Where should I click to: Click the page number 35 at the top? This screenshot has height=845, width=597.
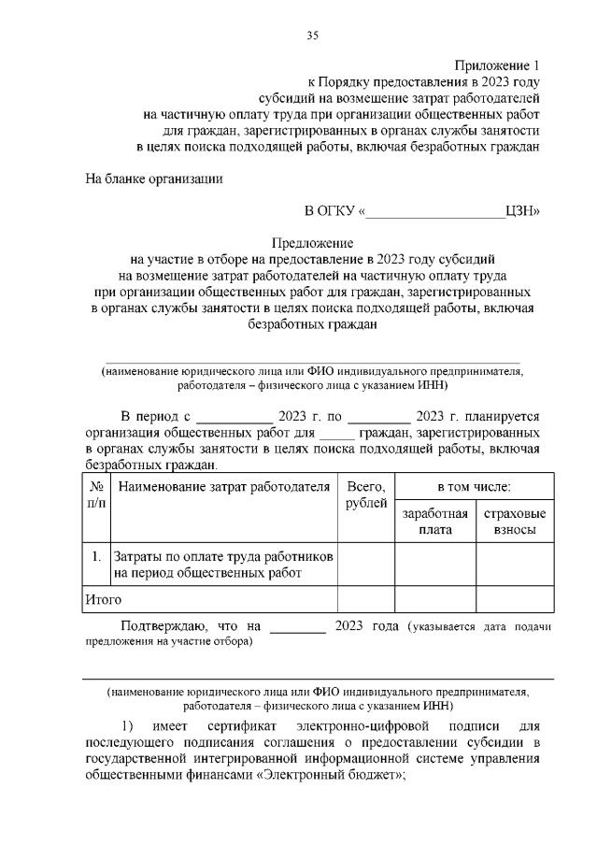tap(312, 36)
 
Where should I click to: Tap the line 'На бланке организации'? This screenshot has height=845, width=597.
tap(154, 178)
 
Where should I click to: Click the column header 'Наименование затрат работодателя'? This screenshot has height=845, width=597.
tap(225, 487)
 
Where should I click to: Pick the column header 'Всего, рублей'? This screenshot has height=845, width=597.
tap(366, 495)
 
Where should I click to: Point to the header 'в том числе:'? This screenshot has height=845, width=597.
tap(474, 487)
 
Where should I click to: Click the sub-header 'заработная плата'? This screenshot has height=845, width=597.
tap(434, 522)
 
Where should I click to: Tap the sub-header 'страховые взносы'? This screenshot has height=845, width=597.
tap(515, 522)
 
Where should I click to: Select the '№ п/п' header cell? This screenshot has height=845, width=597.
tap(96, 495)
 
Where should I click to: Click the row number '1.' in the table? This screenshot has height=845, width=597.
tap(96, 557)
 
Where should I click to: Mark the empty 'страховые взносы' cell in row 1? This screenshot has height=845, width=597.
tap(515, 565)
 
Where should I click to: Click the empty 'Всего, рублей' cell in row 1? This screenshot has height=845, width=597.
tap(366, 565)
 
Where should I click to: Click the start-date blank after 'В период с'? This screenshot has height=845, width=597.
tap(235, 417)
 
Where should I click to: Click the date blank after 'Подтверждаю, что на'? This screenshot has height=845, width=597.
tap(298, 627)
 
